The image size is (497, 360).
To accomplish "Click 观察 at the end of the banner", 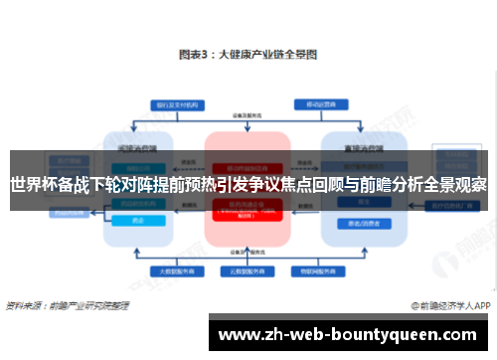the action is [465, 184].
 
